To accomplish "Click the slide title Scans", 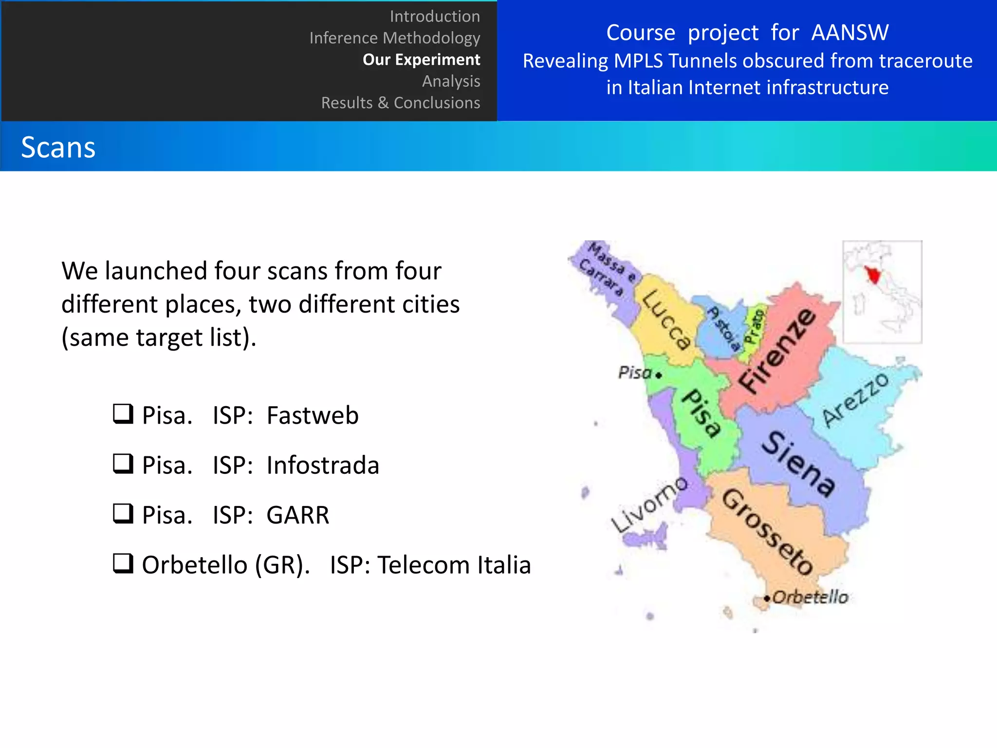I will tap(58, 147).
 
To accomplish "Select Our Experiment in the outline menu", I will tap(421, 59).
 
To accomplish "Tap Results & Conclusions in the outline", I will tap(400, 103).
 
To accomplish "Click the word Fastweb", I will tap(313, 415).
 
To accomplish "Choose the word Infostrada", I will tap(323, 465).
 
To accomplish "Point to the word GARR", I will tap(298, 515).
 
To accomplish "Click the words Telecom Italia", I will tap(454, 565).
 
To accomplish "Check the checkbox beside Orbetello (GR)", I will tap(123, 563).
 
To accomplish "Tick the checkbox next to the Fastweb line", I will tap(123, 414).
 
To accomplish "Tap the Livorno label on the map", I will tap(649, 505).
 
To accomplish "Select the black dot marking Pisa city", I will tap(659, 375).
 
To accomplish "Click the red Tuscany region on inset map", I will tap(873, 276).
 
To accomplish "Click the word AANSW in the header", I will tap(849, 33).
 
